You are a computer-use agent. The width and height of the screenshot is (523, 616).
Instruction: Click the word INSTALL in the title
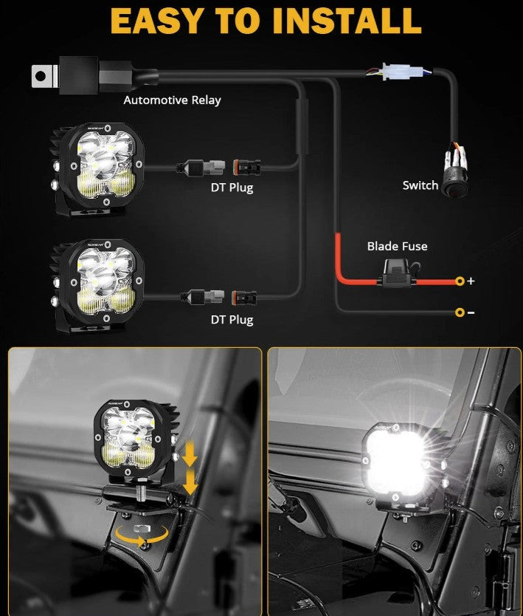[x=347, y=21]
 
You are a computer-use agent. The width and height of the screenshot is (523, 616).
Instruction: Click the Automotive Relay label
[x=172, y=100]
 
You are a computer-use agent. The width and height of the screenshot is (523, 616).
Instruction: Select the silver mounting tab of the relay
[x=44, y=76]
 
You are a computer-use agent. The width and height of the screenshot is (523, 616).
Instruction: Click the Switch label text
[x=420, y=185]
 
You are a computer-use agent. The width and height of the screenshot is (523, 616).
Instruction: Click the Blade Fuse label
[x=397, y=246]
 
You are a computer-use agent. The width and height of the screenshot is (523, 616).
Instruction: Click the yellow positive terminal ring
[x=460, y=281]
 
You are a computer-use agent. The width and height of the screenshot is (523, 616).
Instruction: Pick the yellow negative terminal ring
[x=460, y=312]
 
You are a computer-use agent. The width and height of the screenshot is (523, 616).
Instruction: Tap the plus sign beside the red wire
[x=471, y=281]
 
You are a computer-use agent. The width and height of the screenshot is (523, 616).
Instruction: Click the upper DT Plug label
[x=232, y=188]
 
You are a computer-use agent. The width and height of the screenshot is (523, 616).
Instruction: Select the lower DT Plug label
[x=232, y=320]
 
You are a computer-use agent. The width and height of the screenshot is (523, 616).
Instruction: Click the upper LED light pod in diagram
[x=97, y=169]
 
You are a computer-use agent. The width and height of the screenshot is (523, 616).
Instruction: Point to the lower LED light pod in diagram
[x=97, y=286]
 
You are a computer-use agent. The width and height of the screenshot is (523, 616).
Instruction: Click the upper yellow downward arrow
[x=190, y=454]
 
